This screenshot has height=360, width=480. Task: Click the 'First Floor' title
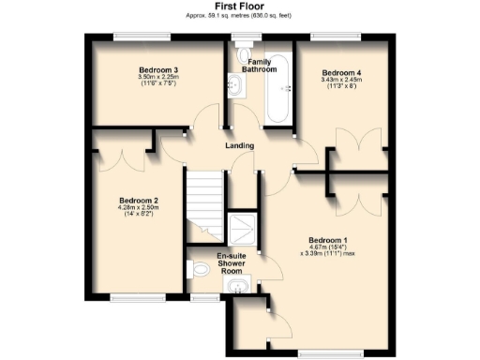[239, 6]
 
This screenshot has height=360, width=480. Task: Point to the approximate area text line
[239, 15]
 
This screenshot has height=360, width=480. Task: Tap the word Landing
[241, 146]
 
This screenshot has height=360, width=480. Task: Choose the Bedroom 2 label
[138, 200]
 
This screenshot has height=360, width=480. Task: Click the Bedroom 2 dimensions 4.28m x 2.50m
[138, 211]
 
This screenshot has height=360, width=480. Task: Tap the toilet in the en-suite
[199, 270]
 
